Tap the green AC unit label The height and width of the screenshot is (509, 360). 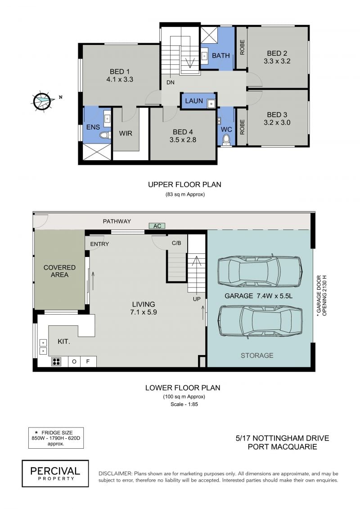157,225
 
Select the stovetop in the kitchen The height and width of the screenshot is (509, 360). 56,361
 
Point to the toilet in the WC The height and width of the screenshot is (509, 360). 226,139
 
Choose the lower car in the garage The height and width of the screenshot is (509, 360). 260,320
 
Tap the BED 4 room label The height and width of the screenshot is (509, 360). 183,136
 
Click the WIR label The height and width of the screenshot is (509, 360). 126,133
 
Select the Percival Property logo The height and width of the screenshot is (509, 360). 55,473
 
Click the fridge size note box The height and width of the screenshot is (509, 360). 56,438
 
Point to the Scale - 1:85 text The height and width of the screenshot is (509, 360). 184,404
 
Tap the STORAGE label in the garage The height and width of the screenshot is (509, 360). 257,356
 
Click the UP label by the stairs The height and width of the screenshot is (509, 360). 197,299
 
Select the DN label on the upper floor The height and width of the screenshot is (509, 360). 171,82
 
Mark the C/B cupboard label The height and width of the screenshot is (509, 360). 176,243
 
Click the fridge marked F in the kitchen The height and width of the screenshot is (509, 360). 88,361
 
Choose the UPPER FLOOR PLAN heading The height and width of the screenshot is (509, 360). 184,185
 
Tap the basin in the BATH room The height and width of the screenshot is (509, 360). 204,56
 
